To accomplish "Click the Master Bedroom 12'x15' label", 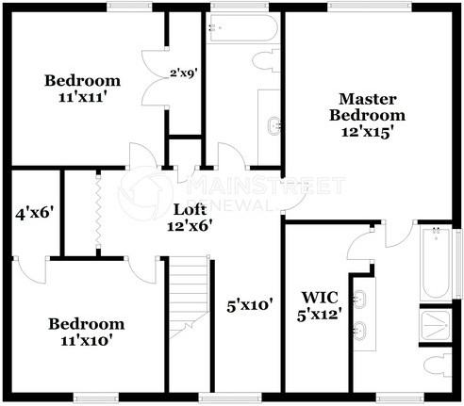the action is point(367,116).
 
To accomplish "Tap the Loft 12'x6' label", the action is point(190,218).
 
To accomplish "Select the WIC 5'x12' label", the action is point(320,306).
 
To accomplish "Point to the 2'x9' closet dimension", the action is point(184,73).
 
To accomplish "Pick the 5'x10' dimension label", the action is point(250,305).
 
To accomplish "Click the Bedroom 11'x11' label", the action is point(83,89).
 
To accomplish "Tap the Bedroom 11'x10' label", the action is point(87,333).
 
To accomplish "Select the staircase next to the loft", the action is point(190,297).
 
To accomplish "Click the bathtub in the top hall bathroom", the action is point(243,28).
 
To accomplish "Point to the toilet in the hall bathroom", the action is point(266,60).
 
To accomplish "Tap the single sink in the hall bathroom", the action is point(274,126).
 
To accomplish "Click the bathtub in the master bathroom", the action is point(436,263).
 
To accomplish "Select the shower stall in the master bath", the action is point(436,325).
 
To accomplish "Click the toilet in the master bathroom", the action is point(438,365).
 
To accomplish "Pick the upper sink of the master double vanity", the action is point(360,299).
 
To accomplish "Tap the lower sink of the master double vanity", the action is point(360,331).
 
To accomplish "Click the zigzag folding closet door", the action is point(98,212).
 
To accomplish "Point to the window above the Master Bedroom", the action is point(370,7).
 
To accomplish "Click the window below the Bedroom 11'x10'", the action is point(96,398).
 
